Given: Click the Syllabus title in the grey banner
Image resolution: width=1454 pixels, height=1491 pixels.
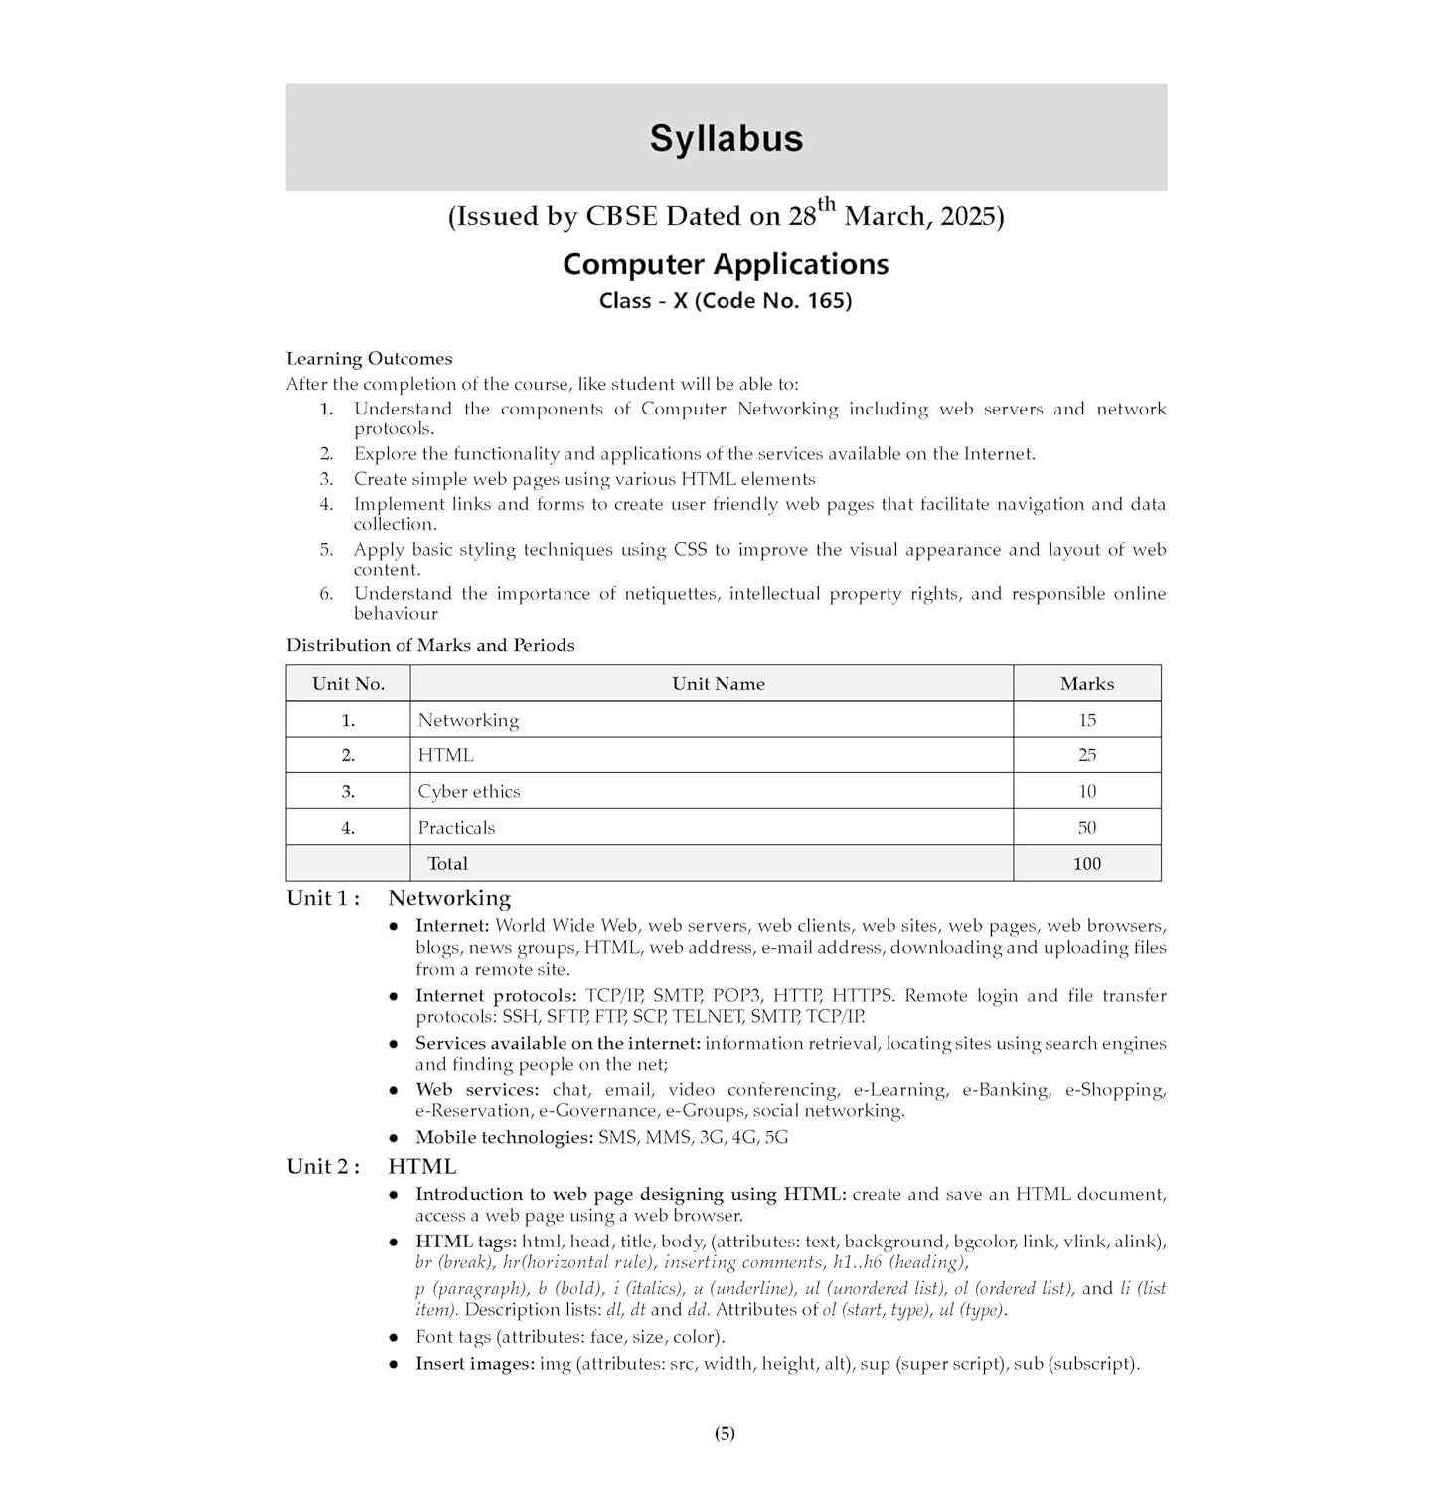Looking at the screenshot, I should coord(726,138).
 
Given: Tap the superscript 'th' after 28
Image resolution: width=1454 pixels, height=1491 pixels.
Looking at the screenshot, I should coord(827,206).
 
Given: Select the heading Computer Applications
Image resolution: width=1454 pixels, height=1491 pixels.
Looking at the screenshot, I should coord(726,264).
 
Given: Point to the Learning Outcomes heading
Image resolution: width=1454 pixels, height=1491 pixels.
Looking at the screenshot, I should coord(369,359).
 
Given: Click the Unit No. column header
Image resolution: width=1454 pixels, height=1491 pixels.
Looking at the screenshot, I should coord(348,684).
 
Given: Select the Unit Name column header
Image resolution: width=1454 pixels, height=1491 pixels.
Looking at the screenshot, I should coord(718,684).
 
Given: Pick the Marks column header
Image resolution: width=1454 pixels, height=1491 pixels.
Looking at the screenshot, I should coord(1086,684).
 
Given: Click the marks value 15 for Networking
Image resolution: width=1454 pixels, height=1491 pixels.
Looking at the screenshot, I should coord(1086,720).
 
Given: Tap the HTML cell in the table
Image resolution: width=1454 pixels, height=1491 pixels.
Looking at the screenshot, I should coord(445,755).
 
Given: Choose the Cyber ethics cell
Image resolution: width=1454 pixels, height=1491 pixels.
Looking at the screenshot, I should coord(469,792).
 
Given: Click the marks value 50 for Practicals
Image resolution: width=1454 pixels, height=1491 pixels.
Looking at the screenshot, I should coord(1086,828).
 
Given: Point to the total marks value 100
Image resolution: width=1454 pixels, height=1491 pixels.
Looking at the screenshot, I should coord(1086,864).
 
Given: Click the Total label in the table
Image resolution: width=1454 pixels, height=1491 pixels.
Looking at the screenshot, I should coord(447,864).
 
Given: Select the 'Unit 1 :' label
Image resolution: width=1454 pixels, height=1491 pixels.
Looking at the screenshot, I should coord(323,898).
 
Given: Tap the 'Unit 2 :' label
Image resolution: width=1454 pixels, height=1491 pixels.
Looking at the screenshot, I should coord(323,1167).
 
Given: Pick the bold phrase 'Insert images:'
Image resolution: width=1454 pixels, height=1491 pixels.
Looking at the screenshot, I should coord(474,1364).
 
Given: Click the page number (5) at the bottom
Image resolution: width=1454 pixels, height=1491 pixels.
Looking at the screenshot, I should coord(725,1433).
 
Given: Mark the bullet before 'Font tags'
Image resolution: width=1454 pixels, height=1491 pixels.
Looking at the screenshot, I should coord(394,1338).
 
